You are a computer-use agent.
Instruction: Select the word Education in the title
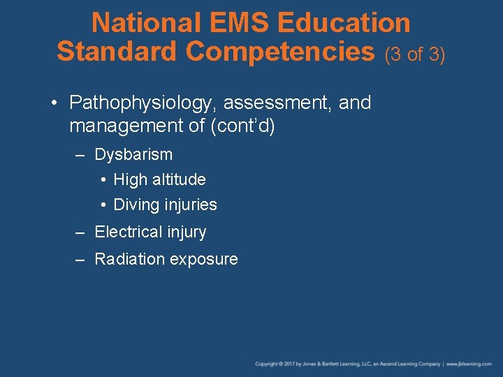coord(344,23)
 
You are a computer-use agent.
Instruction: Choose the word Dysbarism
coord(133,154)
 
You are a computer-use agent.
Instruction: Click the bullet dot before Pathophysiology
coord(55,104)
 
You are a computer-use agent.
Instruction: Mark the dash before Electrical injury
coord(81,232)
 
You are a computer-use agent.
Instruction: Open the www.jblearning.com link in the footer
coord(469,364)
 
